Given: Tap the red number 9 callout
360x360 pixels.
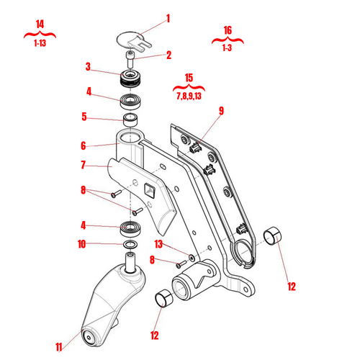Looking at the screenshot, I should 221,111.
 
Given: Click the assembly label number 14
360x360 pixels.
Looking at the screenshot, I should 40,24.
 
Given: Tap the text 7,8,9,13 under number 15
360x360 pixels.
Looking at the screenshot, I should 189,95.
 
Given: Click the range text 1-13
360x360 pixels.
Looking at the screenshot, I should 40,44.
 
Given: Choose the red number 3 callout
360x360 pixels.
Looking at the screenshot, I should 88,67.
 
